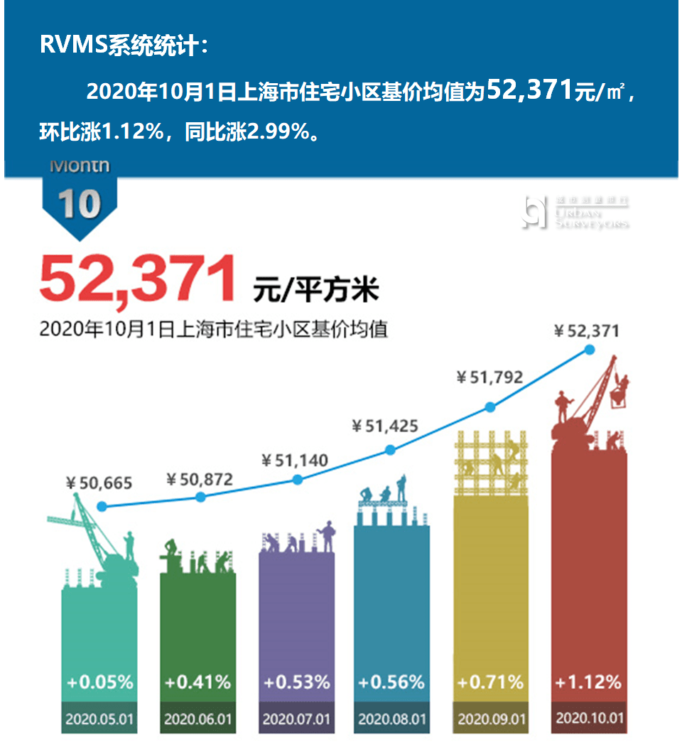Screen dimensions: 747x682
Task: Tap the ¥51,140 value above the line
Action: [295, 461]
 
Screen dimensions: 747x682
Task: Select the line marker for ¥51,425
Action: [389, 450]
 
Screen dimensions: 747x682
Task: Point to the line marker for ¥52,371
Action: [589, 349]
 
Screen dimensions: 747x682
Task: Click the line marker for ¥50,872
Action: [200, 497]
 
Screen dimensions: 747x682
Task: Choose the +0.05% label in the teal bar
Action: [100, 682]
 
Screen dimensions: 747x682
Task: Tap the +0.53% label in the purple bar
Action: [297, 682]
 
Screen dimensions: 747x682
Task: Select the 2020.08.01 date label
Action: [392, 719]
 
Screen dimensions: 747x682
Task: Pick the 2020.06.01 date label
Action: [198, 719]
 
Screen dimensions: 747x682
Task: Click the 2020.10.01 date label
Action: [590, 718]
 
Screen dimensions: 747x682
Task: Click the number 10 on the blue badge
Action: [80, 204]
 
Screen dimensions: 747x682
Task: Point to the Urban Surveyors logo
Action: [575, 212]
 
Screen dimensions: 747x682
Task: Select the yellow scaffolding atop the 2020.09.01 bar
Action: [491, 463]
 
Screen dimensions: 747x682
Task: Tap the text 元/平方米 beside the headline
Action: [316, 289]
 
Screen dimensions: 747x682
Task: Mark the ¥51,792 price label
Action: [489, 377]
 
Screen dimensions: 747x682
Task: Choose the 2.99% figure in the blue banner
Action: [278, 133]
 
